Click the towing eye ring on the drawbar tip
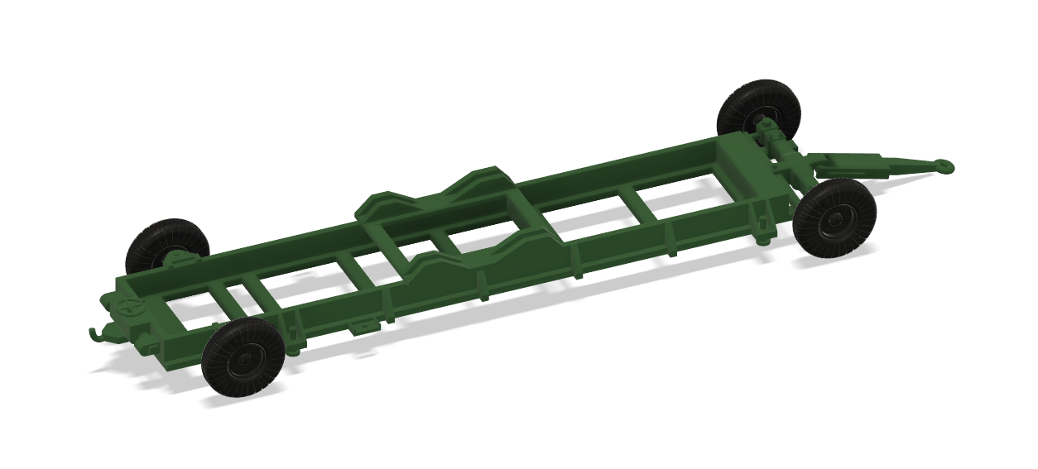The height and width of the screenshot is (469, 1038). click(x=943, y=165)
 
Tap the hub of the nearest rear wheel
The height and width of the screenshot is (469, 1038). click(x=246, y=358)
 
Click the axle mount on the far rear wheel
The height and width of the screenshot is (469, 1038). click(x=177, y=260)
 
